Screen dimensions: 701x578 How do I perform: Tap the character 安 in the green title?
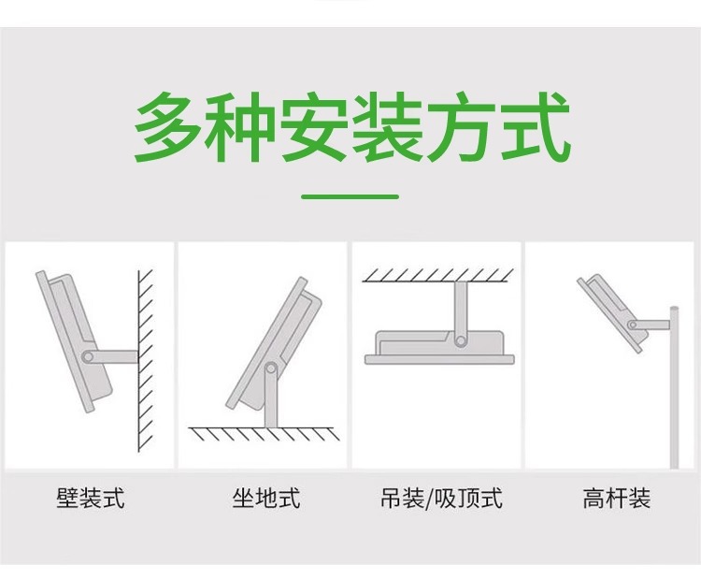pyautogui.click(x=314, y=126)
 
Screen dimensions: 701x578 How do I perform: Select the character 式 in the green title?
pyautogui.click(x=535, y=126)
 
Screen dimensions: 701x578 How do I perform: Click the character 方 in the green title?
pyautogui.click(x=462, y=126)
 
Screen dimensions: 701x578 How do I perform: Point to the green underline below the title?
pyautogui.click(x=350, y=196)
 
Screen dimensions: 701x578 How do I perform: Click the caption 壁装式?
pyautogui.click(x=91, y=498)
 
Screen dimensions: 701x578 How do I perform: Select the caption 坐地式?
pyautogui.click(x=265, y=498)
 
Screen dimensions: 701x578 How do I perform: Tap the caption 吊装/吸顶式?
pyautogui.click(x=441, y=498)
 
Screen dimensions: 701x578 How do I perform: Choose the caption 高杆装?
pyautogui.click(x=617, y=498)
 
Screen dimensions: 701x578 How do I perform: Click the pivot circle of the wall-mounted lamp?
pyautogui.click(x=88, y=356)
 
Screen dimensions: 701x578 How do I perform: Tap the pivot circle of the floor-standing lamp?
pyautogui.click(x=270, y=369)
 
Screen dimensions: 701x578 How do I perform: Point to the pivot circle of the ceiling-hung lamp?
pyautogui.click(x=460, y=341)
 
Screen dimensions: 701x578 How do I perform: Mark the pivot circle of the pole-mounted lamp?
pyautogui.click(x=632, y=325)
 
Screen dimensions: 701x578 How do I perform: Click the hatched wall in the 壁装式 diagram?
pyautogui.click(x=145, y=361)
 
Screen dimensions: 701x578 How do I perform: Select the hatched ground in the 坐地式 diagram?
pyautogui.click(x=264, y=434)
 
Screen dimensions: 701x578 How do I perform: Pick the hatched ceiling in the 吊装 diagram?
pyautogui.click(x=437, y=275)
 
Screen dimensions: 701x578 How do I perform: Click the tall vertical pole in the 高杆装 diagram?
pyautogui.click(x=674, y=387)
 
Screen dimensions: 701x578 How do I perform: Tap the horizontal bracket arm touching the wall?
pyautogui.click(x=113, y=356)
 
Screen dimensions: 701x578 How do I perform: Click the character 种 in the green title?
pyautogui.click(x=240, y=126)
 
